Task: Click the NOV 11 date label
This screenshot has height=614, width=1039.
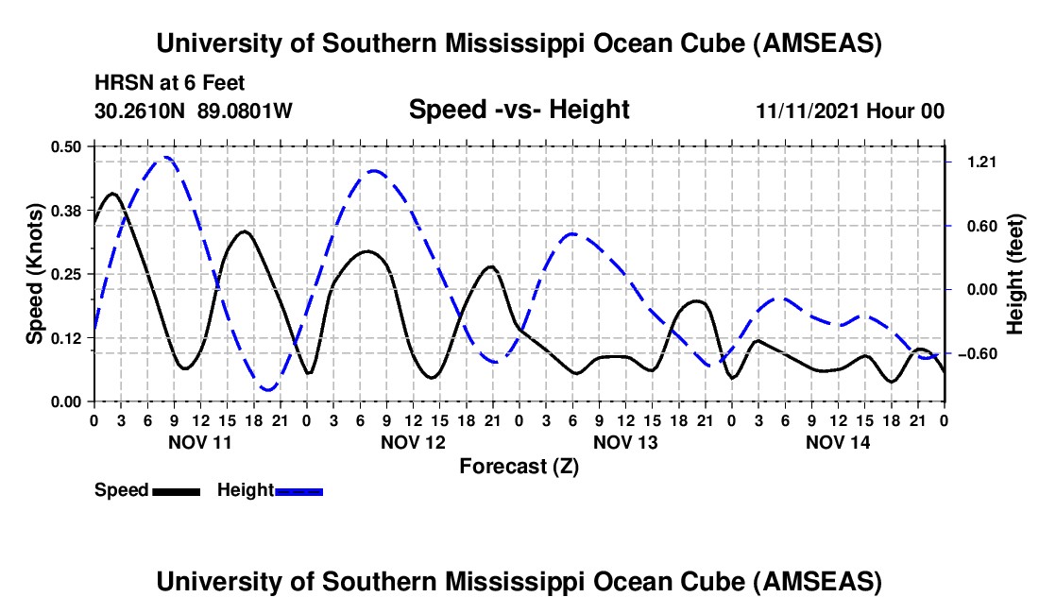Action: click(x=199, y=441)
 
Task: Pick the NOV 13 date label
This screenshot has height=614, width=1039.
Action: click(x=625, y=441)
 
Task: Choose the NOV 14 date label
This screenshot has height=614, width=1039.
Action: click(x=838, y=441)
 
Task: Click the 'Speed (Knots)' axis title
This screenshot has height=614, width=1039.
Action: click(x=35, y=274)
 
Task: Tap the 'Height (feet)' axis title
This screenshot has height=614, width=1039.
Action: click(x=1016, y=274)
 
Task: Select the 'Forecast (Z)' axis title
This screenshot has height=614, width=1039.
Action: click(x=519, y=466)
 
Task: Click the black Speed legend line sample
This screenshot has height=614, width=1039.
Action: click(x=176, y=491)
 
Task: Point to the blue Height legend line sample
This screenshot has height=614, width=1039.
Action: click(x=298, y=491)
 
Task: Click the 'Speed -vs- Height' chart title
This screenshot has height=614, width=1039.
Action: click(x=519, y=111)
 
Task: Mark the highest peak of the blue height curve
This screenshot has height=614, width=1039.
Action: click(x=166, y=158)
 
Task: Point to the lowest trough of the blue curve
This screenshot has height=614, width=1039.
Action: click(x=269, y=389)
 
